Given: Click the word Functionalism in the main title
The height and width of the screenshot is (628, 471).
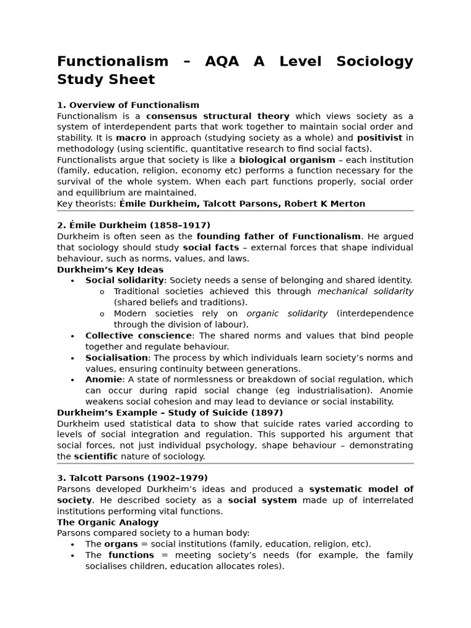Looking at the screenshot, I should [112, 61].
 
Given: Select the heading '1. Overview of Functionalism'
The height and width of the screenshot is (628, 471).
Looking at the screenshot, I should [128, 105].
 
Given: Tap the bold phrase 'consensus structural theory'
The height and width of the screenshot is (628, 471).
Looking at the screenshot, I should [217, 116].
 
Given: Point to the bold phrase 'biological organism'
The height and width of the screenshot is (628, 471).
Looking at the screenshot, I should [287, 160].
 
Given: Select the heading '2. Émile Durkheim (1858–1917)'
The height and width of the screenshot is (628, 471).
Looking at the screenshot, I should [133, 225].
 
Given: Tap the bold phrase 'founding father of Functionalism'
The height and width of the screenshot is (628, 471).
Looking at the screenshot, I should [278, 236].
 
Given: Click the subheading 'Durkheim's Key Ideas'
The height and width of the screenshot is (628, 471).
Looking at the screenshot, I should [110, 269].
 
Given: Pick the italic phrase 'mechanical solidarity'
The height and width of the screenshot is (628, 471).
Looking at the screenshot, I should [365, 291].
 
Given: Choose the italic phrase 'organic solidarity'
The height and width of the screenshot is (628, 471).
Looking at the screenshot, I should [287, 313].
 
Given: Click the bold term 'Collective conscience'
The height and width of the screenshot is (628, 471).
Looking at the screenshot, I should [138, 335].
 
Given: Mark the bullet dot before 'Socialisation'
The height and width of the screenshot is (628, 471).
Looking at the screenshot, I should [72, 358].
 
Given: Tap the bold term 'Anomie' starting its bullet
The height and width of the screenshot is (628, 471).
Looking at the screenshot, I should [104, 380].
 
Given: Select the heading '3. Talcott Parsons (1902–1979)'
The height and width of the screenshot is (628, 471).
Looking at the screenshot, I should [132, 478].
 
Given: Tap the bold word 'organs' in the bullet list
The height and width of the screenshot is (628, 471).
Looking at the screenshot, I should [121, 544].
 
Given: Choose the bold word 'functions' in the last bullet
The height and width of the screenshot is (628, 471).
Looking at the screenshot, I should [131, 555].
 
